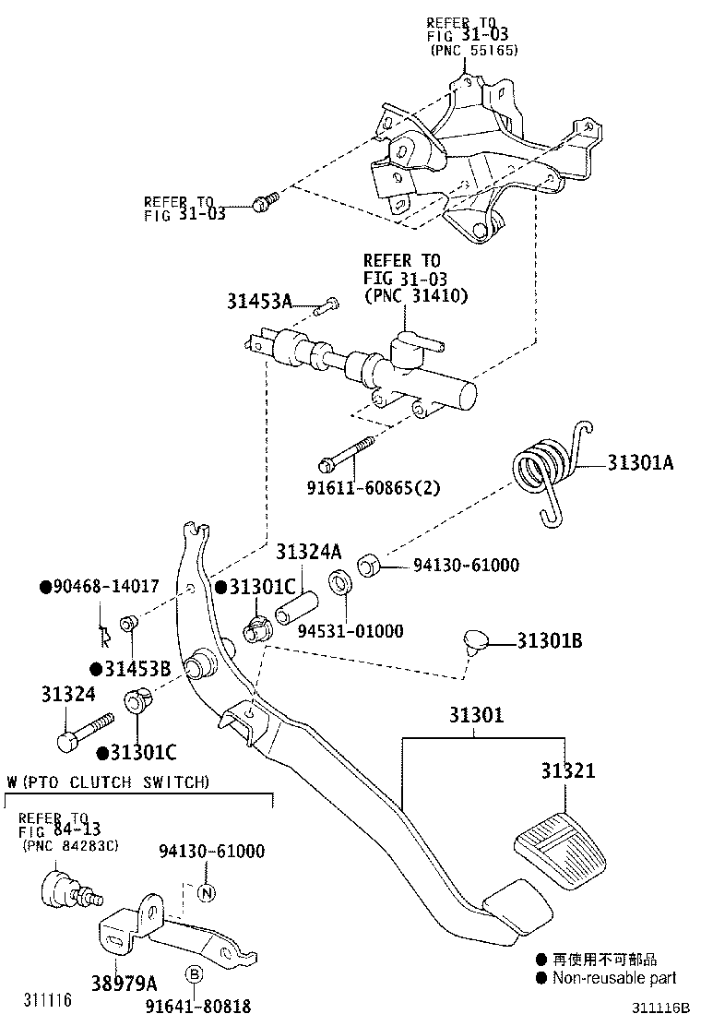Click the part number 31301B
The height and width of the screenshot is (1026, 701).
(549, 640)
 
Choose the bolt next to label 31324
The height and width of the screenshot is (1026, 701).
(84, 733)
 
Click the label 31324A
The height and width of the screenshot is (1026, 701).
(308, 553)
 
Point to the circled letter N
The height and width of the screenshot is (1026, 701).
(207, 892)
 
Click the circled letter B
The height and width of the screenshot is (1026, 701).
(195, 973)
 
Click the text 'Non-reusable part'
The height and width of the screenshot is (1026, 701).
(613, 978)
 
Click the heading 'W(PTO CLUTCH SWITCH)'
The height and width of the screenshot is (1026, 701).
(108, 782)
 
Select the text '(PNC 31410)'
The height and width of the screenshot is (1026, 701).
(415, 296)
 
